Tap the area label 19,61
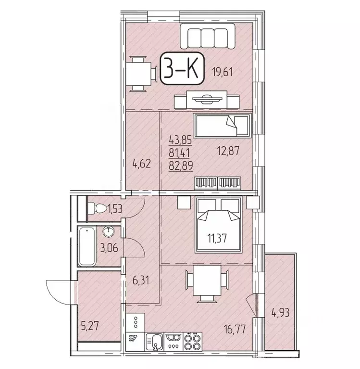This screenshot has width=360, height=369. [x=225, y=73]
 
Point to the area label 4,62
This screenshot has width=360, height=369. [x=142, y=163]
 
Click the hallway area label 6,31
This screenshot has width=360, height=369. [x=142, y=280]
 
